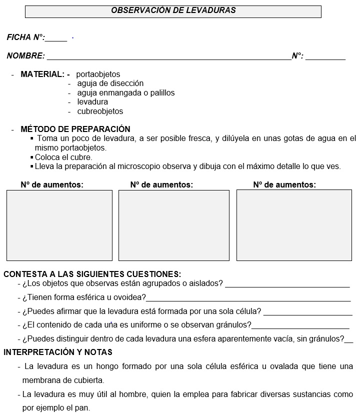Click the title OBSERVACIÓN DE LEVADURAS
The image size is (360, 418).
[173, 10]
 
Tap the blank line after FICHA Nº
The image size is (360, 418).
[56, 40]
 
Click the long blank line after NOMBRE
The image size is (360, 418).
[168, 59]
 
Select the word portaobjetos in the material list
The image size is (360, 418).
[98, 74]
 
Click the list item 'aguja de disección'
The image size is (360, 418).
[110, 83]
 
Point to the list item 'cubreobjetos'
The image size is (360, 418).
[100, 111]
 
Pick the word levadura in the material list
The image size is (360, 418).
[92, 102]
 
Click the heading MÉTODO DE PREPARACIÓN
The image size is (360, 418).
[75, 129]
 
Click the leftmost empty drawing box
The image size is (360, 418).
[59, 225]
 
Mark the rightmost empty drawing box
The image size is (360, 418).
[294, 225]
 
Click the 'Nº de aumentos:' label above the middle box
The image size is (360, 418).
[161, 185]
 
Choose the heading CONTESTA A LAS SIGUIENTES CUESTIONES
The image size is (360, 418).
[92, 274]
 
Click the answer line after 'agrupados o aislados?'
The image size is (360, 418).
[287, 286]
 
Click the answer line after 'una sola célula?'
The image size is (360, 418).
[307, 314]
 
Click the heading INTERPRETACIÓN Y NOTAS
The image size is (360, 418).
[58, 352]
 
